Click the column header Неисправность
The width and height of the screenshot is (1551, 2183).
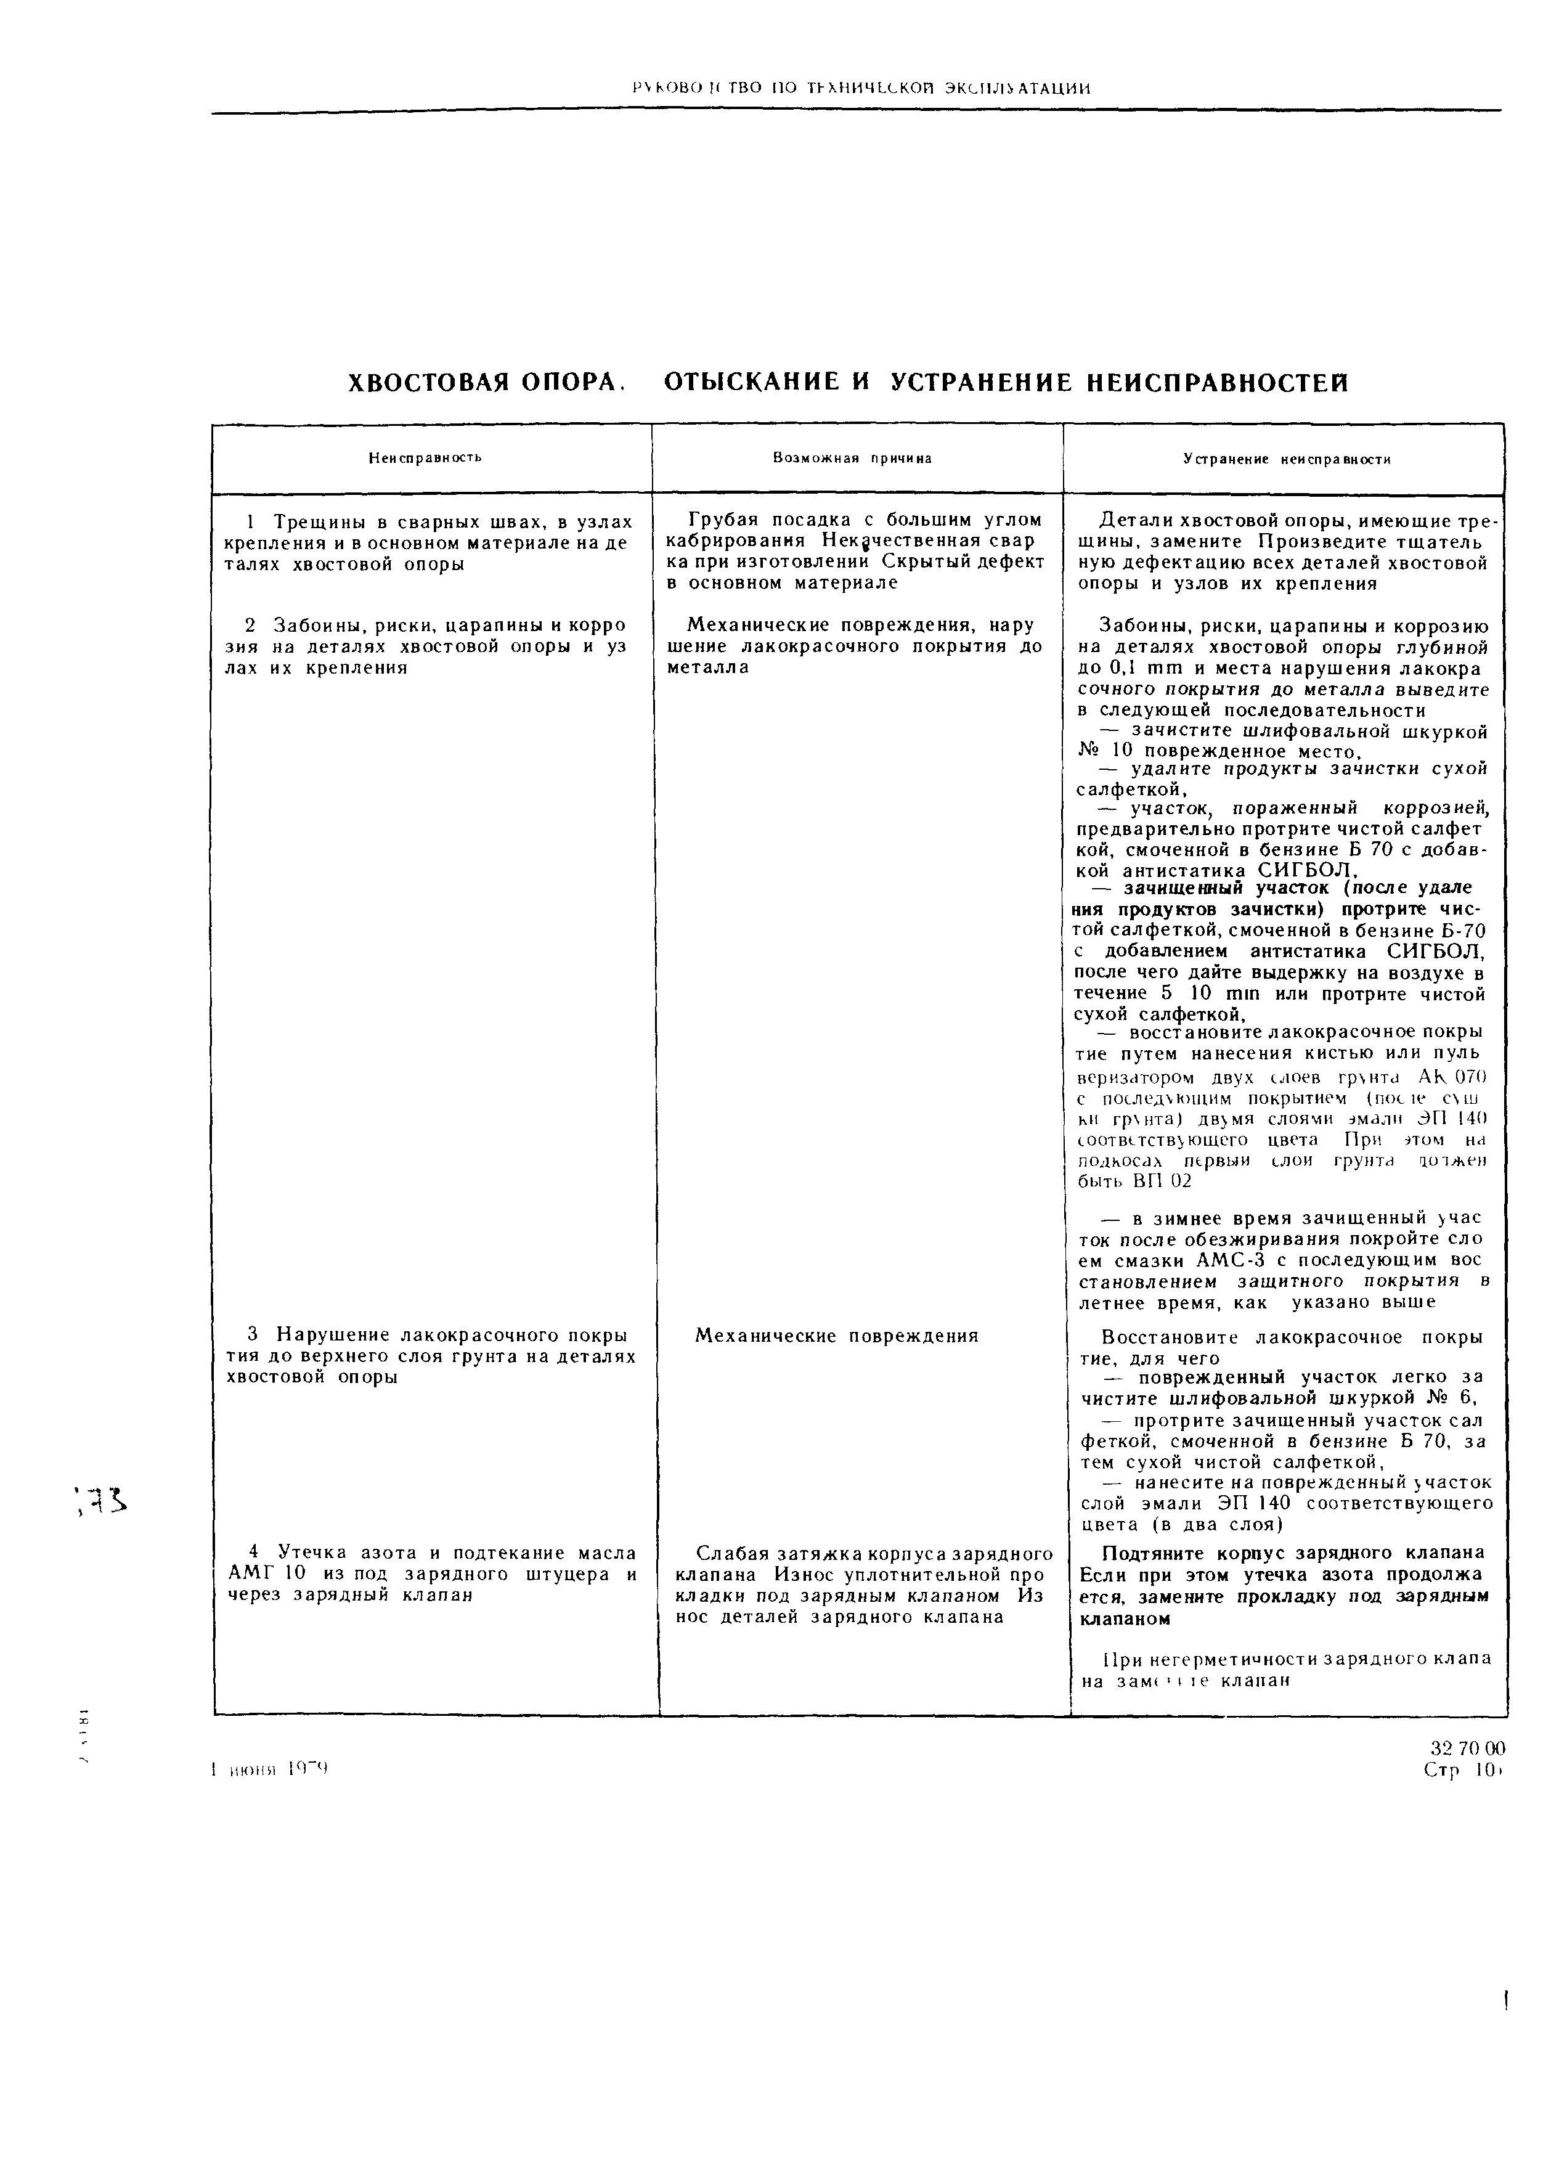tap(425, 457)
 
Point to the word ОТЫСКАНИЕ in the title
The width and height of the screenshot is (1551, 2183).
tap(752, 383)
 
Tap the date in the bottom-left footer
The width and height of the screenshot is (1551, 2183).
tap(269, 1769)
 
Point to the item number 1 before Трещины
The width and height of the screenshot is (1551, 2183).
tap(250, 523)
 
